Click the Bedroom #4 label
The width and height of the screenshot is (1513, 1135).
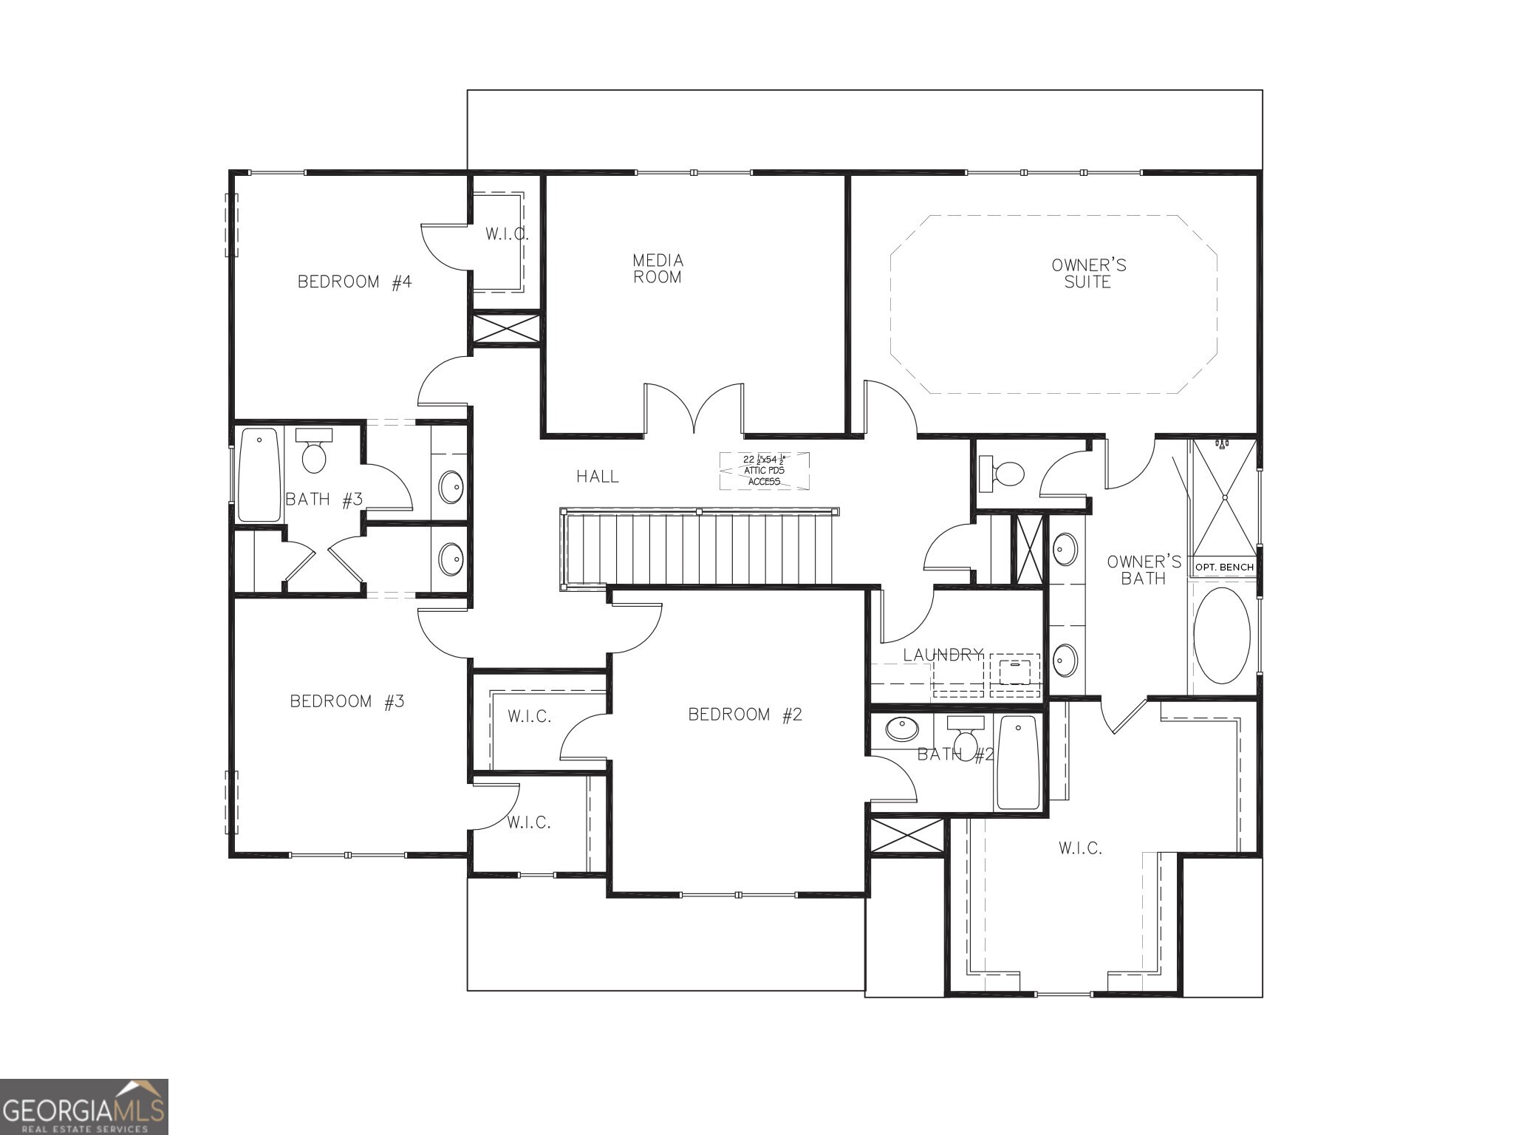click(x=354, y=282)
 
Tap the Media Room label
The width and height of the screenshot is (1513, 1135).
click(x=658, y=269)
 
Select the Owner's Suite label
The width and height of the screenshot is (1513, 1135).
click(x=1088, y=273)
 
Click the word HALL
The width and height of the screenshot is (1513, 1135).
click(x=598, y=477)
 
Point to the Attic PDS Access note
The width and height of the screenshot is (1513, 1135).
click(x=764, y=471)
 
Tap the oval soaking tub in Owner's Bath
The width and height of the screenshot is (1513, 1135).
click(x=1222, y=635)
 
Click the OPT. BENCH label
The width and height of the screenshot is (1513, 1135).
click(x=1224, y=567)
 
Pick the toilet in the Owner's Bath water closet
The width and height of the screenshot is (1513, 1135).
click(x=1003, y=473)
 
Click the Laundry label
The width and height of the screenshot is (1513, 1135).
click(x=943, y=655)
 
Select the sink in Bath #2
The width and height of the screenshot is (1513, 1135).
click(x=901, y=729)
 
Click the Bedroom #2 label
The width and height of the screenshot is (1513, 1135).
click(x=745, y=715)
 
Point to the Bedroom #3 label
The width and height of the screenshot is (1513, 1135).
click(x=346, y=701)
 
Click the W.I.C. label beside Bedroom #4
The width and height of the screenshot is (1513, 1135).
click(x=507, y=234)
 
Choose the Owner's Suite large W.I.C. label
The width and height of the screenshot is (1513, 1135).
click(x=1080, y=848)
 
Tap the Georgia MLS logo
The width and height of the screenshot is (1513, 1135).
click(x=83, y=1107)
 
